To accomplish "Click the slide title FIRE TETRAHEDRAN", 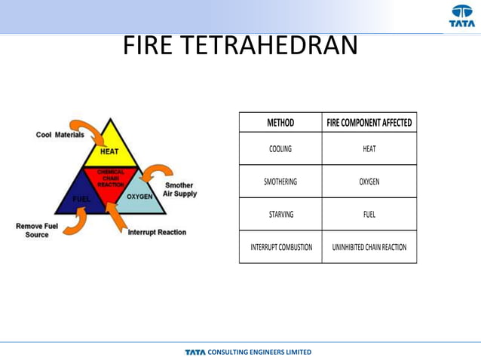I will pyautogui.click(x=240, y=47).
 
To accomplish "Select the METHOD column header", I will pyautogui.click(x=280, y=123).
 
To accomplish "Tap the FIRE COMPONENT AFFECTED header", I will pyautogui.click(x=369, y=123).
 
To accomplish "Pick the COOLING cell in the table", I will pyautogui.click(x=280, y=149).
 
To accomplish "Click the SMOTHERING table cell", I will pyautogui.click(x=280, y=182).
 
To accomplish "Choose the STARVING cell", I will pyautogui.click(x=280, y=215).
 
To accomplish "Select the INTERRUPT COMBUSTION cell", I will pyautogui.click(x=280, y=247).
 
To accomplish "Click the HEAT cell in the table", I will pyautogui.click(x=369, y=149).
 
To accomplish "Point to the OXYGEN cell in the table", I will pyautogui.click(x=369, y=182).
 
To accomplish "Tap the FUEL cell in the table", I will pyautogui.click(x=369, y=215).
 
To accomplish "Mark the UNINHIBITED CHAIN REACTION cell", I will pyautogui.click(x=369, y=247).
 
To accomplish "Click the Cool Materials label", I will pyautogui.click(x=60, y=135).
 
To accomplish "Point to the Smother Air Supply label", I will pyautogui.click(x=180, y=189).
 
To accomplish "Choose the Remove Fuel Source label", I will pyautogui.click(x=32, y=230).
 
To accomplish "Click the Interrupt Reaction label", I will pyautogui.click(x=157, y=232).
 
